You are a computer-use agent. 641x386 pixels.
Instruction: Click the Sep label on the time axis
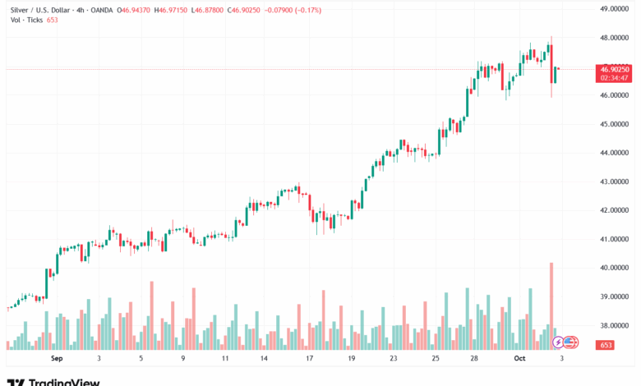(57, 359)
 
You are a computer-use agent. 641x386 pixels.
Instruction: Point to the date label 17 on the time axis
(309, 359)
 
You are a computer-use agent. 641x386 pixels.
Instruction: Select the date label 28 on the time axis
(475, 359)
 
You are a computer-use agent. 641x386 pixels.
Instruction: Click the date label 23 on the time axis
(394, 359)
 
